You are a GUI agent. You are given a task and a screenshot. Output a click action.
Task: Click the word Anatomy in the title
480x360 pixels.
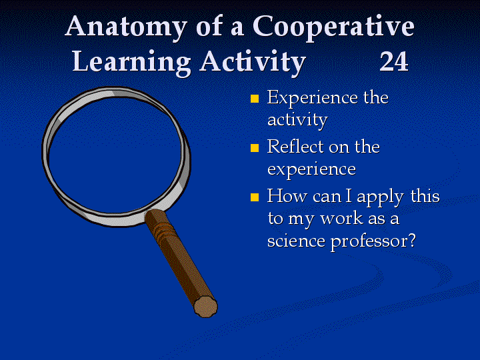coord(126,27)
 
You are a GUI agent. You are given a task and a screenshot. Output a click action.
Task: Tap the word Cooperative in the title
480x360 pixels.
coord(333,27)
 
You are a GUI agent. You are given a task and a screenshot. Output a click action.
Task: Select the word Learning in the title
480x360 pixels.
coord(131,62)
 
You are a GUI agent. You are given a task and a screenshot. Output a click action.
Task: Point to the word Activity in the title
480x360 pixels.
coord(253,62)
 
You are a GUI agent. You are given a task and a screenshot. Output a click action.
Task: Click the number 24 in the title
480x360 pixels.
coord(394,61)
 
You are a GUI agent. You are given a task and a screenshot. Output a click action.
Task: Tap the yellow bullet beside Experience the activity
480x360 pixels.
coord(255,99)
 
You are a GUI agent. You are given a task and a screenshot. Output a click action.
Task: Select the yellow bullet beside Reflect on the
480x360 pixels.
coord(255,148)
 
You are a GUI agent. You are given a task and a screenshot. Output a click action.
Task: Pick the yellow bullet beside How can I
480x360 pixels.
coord(255,197)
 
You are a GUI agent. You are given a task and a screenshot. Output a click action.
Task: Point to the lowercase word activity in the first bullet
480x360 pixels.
coord(297,120)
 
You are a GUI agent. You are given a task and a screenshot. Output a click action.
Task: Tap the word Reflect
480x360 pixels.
coord(295,146)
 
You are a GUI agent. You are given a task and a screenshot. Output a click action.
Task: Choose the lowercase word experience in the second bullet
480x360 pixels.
coord(311,170)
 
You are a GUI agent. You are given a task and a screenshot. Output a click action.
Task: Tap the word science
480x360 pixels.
coord(296,241)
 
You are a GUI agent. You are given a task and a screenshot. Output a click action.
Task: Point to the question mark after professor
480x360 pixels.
coord(412,240)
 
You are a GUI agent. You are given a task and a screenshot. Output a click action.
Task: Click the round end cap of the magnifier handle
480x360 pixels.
coord(206,307)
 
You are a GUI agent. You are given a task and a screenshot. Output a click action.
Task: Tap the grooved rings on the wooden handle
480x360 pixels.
coord(165,231)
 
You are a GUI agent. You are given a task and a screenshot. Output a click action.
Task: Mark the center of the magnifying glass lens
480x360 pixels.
coord(115,155)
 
